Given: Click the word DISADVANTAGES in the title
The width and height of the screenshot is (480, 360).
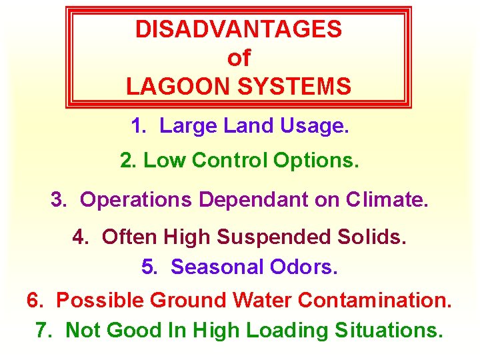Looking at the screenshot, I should coord(239,29).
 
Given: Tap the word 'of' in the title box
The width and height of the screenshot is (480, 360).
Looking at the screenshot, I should coord(239,58).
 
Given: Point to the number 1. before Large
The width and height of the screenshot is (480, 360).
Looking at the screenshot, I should coord(138,126).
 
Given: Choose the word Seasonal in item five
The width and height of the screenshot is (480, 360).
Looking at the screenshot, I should coord(217,267).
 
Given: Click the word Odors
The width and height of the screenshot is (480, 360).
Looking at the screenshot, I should coord(304,267).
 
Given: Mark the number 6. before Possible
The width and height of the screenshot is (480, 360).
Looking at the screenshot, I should coord(35,301).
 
